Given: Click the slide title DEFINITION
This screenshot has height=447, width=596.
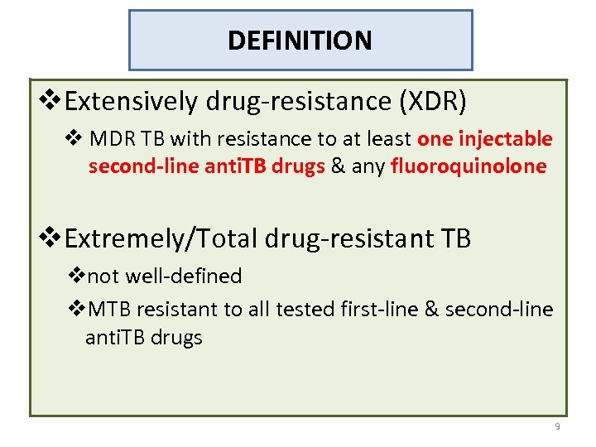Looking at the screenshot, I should coord(300,40).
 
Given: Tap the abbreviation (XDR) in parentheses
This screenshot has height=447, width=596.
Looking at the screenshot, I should coord(433,102).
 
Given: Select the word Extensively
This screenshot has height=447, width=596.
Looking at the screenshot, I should coord(131,102).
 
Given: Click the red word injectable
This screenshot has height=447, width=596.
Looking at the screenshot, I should coord(512,139).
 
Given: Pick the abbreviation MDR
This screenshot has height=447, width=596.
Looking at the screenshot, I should coord(109,139).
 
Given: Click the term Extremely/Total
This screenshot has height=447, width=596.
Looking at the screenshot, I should coord(161,239).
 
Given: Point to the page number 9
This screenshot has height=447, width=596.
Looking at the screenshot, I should coord(557,426).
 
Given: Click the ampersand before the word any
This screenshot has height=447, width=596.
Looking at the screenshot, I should coord(338,166).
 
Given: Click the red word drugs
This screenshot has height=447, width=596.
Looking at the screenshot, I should coord(301,166).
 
